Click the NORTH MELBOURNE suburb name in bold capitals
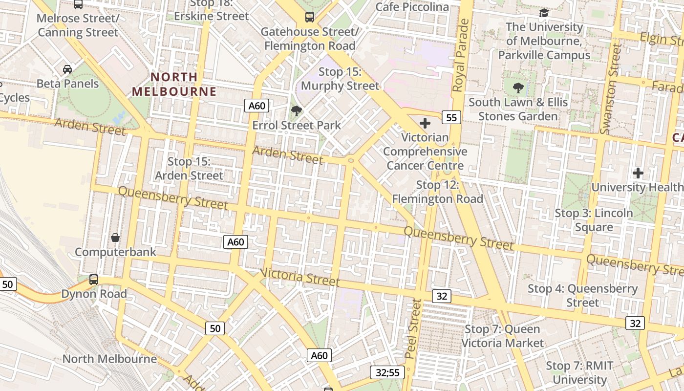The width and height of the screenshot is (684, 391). pyautogui.click(x=174, y=84)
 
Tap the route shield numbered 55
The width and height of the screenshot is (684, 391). pyautogui.click(x=451, y=117)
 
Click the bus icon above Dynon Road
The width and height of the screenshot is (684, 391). pyautogui.click(x=94, y=280)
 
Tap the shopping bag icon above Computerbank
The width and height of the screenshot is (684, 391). pyautogui.click(x=115, y=238)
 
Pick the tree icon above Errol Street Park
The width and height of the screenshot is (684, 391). pyautogui.click(x=296, y=111)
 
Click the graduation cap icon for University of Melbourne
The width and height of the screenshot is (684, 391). pyautogui.click(x=544, y=13)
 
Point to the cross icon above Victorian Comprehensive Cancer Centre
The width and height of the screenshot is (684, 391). pyautogui.click(x=425, y=123)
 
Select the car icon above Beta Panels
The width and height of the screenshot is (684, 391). pyautogui.click(x=67, y=69)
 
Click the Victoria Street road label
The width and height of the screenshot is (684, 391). pyautogui.click(x=299, y=277)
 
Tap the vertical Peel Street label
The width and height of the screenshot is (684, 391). pyautogui.click(x=413, y=328)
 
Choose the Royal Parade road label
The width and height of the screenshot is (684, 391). pyautogui.click(x=461, y=55)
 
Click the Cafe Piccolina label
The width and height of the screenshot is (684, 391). pyautogui.click(x=412, y=7)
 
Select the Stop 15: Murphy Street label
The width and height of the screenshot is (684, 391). pyautogui.click(x=340, y=79)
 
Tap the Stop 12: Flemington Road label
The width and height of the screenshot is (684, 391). pyautogui.click(x=437, y=192)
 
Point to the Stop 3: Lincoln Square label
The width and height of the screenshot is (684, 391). pyautogui.click(x=594, y=220)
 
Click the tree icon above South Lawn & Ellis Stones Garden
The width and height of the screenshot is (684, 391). pyautogui.click(x=518, y=88)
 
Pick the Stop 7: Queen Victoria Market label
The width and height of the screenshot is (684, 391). pyautogui.click(x=502, y=336)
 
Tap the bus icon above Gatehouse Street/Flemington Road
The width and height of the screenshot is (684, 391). pyautogui.click(x=310, y=17)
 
